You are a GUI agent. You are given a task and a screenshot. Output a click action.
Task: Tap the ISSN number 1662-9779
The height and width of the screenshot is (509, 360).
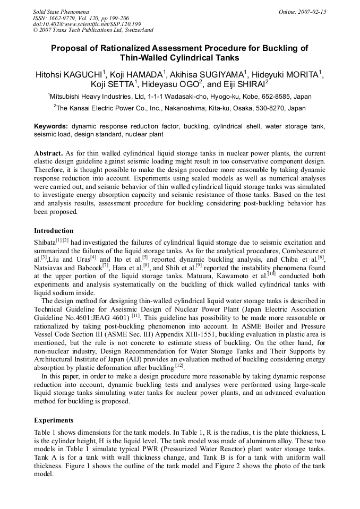pyautogui.click(x=65, y=18)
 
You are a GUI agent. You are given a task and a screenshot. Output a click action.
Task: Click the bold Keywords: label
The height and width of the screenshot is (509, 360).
pyautogui.click(x=51, y=126)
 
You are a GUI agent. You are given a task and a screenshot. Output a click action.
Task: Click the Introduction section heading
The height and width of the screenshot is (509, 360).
pyautogui.click(x=54, y=231)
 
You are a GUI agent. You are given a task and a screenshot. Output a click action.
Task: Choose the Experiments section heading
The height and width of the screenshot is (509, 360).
pyautogui.click(x=54, y=420)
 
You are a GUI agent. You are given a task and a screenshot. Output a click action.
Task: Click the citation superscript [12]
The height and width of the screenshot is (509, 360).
pyautogui.click(x=179, y=366)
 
